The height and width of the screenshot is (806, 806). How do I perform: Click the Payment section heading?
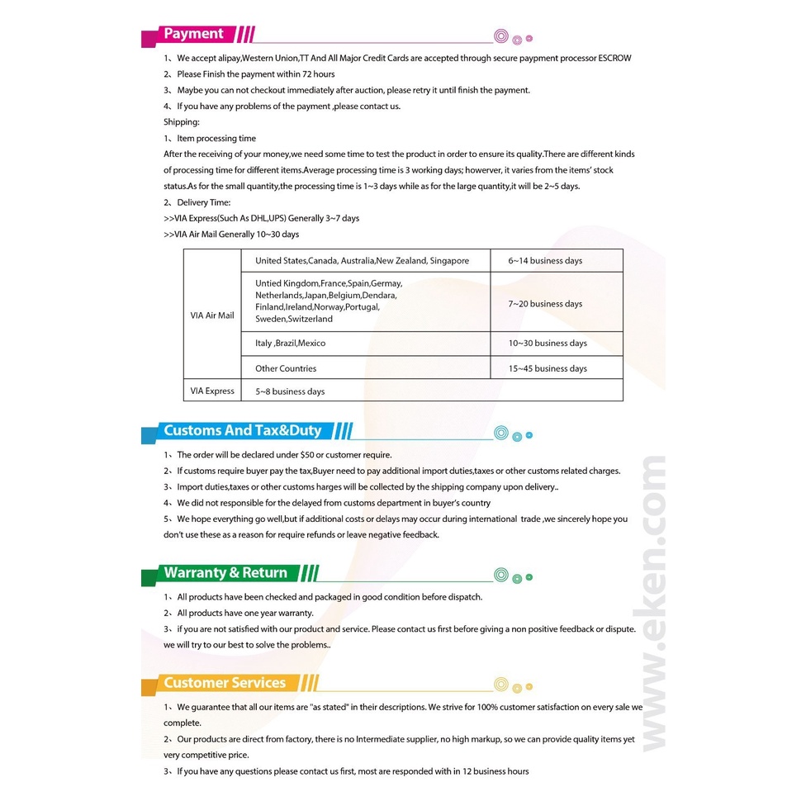193,34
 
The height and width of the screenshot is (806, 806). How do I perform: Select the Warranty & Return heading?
225,573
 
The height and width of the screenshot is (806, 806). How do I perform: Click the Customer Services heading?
225,683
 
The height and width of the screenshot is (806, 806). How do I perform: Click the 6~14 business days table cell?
545,261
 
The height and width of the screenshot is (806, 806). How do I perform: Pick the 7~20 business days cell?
545,304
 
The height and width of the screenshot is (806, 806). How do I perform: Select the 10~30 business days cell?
548,344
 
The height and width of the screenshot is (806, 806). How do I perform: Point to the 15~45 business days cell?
548,369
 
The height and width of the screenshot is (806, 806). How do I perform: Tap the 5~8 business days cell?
290,391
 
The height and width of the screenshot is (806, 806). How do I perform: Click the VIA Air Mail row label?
212,315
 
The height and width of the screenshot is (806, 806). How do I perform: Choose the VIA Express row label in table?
212,391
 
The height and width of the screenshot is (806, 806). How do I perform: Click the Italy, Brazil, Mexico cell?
290,344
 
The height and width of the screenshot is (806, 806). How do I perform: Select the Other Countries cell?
286,369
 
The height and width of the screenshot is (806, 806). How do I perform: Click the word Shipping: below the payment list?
182,122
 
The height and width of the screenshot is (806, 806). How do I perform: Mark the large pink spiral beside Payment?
500,36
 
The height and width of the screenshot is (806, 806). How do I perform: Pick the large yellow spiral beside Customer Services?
500,685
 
